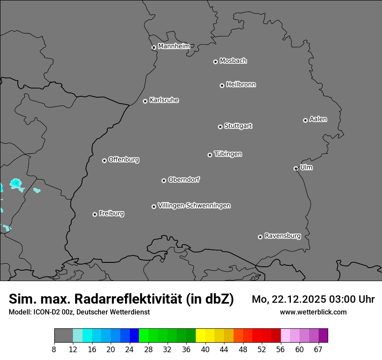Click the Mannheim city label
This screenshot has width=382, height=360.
174,46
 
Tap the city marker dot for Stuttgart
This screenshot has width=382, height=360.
220,127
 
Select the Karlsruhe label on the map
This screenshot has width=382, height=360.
164,100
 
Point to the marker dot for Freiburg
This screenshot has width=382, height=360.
95,214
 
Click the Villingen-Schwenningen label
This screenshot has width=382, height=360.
194,206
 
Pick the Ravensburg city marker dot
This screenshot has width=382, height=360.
260,237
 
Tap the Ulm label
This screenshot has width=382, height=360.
306,167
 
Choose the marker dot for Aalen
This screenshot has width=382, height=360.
305,120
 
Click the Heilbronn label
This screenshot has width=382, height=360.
241,85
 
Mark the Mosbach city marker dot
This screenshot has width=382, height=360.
215,62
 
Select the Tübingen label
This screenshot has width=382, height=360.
228,154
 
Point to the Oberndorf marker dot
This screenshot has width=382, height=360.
164,180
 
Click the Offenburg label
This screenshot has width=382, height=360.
124,160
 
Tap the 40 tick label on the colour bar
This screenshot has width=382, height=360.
205,350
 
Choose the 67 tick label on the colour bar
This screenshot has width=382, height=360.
318,350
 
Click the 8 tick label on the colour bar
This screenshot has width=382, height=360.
54,350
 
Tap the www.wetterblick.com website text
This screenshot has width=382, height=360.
313,312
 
